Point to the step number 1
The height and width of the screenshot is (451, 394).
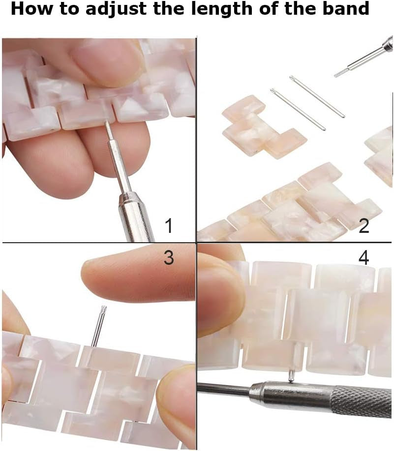click(169, 226)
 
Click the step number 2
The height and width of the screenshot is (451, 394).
click(364, 226)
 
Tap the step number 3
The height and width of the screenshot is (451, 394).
click(169, 257)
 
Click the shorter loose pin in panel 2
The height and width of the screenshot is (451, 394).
click(298, 109)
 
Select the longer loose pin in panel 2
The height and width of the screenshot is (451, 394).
click(317, 96)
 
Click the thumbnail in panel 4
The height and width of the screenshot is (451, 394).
click(222, 299)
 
